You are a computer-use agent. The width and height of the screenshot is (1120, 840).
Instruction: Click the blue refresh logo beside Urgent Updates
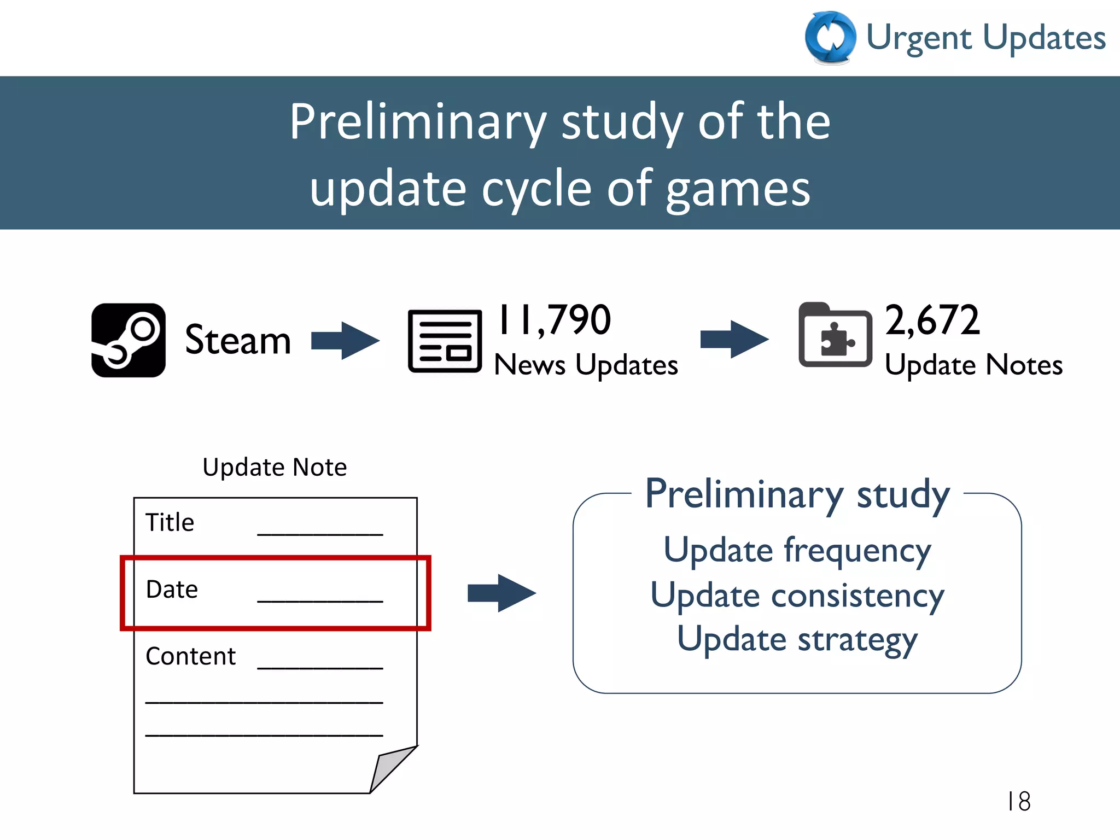[830, 38]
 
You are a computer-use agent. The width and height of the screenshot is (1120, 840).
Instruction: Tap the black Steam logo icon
[129, 340]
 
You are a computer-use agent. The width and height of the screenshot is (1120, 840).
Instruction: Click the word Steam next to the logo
[238, 340]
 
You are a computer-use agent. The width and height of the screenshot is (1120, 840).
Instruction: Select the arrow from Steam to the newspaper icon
[345, 340]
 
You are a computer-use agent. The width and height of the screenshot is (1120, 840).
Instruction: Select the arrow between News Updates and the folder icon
[734, 340]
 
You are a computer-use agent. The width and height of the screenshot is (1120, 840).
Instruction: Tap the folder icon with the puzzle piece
[835, 335]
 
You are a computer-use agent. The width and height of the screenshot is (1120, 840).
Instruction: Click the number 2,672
[932, 320]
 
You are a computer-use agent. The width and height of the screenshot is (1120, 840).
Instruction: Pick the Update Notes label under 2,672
[973, 365]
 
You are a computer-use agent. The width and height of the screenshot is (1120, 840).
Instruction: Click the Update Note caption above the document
[275, 467]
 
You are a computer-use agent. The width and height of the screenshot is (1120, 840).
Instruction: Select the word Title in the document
[170, 522]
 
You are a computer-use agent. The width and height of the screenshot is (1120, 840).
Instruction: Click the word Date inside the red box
[172, 590]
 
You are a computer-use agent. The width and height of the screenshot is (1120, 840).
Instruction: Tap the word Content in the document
[190, 656]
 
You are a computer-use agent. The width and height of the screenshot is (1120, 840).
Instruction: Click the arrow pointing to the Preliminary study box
[501, 593]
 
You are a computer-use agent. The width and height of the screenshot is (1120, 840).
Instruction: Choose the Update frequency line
[797, 550]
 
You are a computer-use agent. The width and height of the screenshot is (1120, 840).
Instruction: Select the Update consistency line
[797, 595]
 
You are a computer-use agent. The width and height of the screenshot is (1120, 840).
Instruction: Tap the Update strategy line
[797, 640]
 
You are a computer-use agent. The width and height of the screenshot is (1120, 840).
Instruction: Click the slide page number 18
[1018, 802]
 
